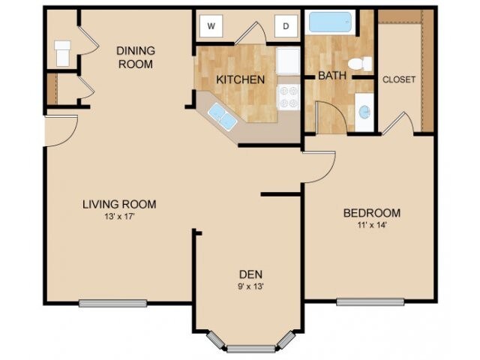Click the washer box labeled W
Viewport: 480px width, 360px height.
pyautogui.click(x=211, y=27)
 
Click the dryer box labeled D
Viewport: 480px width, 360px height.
pyautogui.click(x=286, y=27)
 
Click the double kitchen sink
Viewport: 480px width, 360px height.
pyautogui.click(x=220, y=115)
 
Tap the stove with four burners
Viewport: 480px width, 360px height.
pyautogui.click(x=288, y=97)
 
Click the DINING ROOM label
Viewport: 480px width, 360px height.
pyautogui.click(x=135, y=57)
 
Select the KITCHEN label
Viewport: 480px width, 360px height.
pyautogui.click(x=240, y=79)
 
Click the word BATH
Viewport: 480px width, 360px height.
pyautogui.click(x=331, y=76)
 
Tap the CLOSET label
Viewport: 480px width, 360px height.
pyautogui.click(x=399, y=79)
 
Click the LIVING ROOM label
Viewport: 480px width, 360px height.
pyautogui.click(x=119, y=204)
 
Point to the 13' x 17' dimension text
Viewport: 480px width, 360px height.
pyautogui.click(x=119, y=217)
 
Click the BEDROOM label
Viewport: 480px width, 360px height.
pyautogui.click(x=372, y=213)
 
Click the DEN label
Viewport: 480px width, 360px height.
pyautogui.click(x=250, y=274)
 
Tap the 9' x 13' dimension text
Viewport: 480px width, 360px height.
pyautogui.click(x=250, y=286)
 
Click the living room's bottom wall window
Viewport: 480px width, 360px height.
pyautogui.click(x=112, y=303)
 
